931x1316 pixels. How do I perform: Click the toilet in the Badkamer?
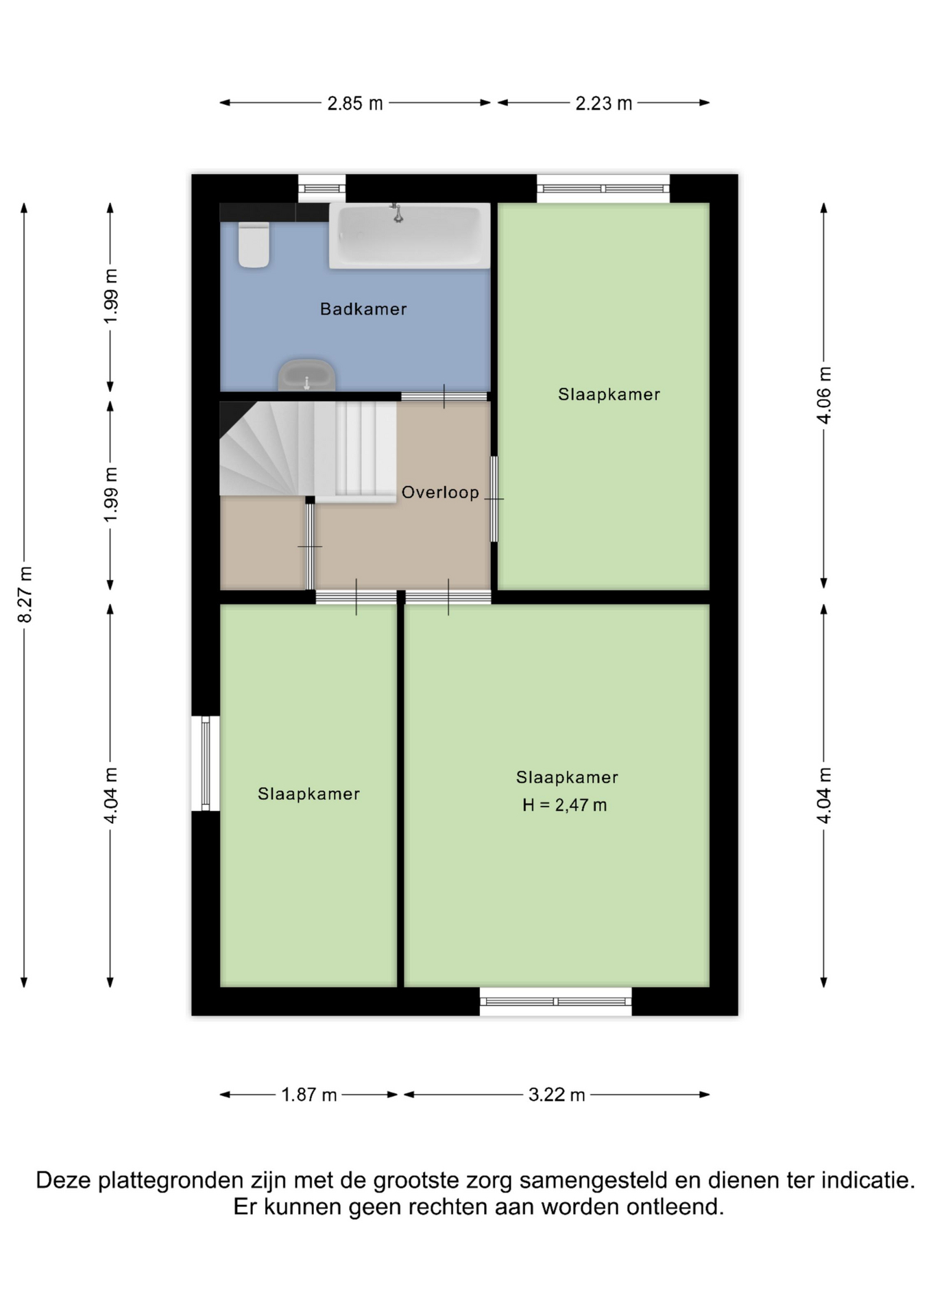pyautogui.click(x=254, y=245)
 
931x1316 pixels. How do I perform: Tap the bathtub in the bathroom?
pyautogui.click(x=409, y=235)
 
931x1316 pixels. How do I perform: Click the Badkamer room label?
pyautogui.click(x=363, y=309)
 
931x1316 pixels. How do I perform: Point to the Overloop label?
pyautogui.click(x=440, y=492)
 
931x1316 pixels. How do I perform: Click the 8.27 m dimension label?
pyautogui.click(x=25, y=594)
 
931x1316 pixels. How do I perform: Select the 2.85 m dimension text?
pyautogui.click(x=355, y=103)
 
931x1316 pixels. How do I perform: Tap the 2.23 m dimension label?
pyautogui.click(x=603, y=103)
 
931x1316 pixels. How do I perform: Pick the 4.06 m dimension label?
pyautogui.click(x=824, y=395)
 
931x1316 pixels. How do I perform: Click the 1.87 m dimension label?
pyautogui.click(x=309, y=1095)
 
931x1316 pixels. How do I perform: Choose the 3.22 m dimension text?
pyautogui.click(x=557, y=1095)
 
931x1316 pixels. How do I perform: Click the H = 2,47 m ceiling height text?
pyautogui.click(x=565, y=805)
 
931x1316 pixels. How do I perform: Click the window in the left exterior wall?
pyautogui.click(x=206, y=764)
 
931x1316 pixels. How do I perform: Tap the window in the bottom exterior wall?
pyautogui.click(x=555, y=1001)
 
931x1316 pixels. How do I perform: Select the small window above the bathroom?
pyautogui.click(x=322, y=188)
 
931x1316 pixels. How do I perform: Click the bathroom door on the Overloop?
pyautogui.click(x=444, y=396)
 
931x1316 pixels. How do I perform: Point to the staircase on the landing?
pyautogui.click(x=308, y=449)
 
